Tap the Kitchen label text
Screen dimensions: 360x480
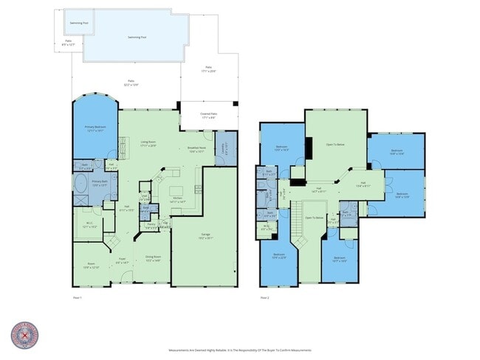pyautogui.click(x=177, y=198)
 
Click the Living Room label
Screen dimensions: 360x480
pyautogui.click(x=148, y=143)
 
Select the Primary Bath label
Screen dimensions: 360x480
pyautogui.click(x=100, y=182)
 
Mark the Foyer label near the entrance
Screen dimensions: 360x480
pyautogui.click(x=122, y=260)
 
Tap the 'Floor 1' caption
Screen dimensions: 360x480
pyautogui.click(x=77, y=297)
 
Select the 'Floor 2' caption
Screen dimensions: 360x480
pyautogui.click(x=264, y=297)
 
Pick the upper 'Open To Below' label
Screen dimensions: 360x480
pyautogui.click(x=335, y=145)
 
